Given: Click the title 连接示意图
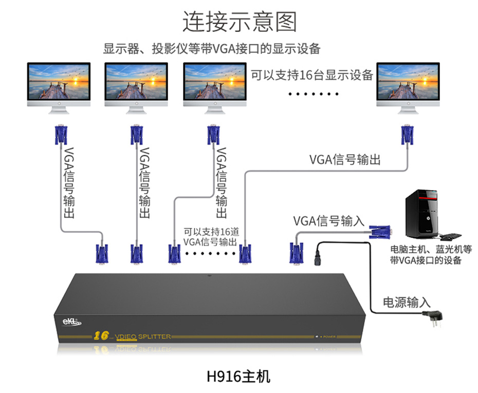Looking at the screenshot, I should point(240,22).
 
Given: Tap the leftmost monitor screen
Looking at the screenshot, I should point(59,83).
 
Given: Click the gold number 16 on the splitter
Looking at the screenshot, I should point(101,336).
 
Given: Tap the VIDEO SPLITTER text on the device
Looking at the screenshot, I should point(143,336).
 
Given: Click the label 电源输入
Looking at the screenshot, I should point(407,303).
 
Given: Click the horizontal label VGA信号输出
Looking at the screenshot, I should point(345,160).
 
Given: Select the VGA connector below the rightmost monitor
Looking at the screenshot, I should point(408,135).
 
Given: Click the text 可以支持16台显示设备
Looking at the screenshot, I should point(312,75).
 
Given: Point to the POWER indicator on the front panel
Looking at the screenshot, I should point(327,337).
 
